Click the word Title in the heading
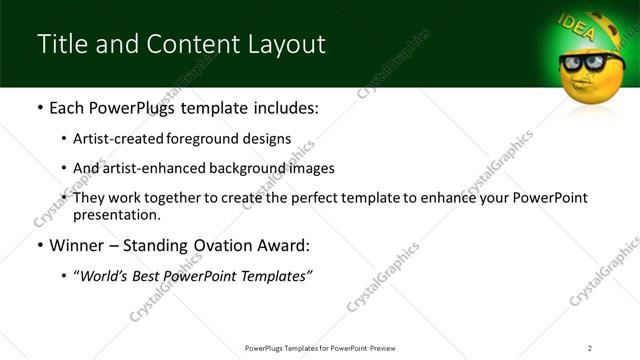59,44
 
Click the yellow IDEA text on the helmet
577,27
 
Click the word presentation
115,215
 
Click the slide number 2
590,347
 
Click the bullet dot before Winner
40,245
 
